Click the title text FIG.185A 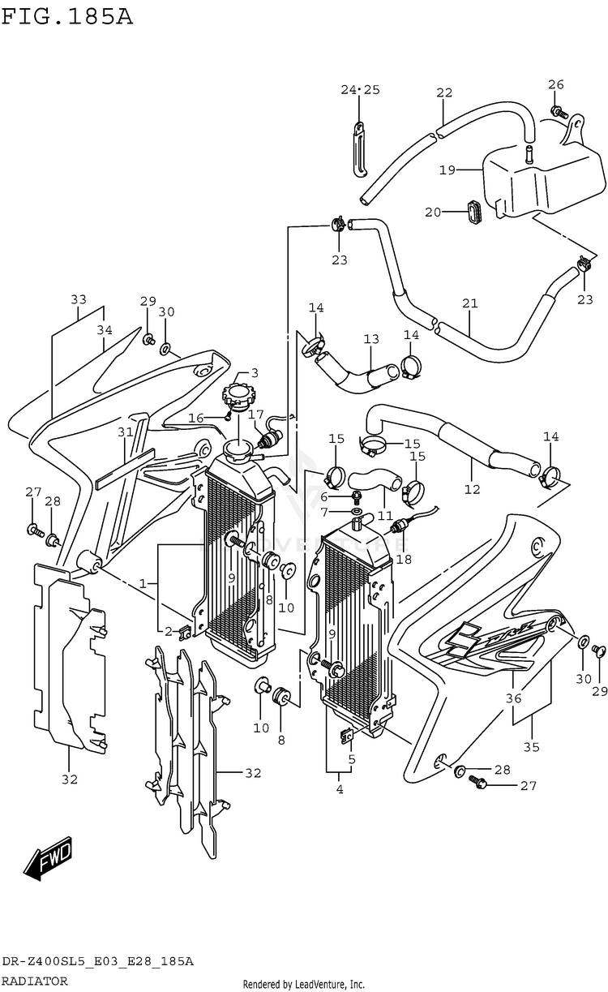tap(66, 15)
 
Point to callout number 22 tap(443, 92)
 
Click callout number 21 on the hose tap(469, 304)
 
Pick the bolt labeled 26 tap(557, 110)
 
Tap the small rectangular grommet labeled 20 tap(473, 211)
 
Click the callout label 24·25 tap(360, 89)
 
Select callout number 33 tap(78, 299)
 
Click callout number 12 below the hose tap(472, 489)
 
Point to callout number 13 tap(371, 339)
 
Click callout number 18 tap(403, 558)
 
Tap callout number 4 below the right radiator tap(339, 789)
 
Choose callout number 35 tap(531, 747)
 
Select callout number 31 tap(124, 432)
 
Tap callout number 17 tap(257, 414)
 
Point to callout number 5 tap(352, 760)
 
